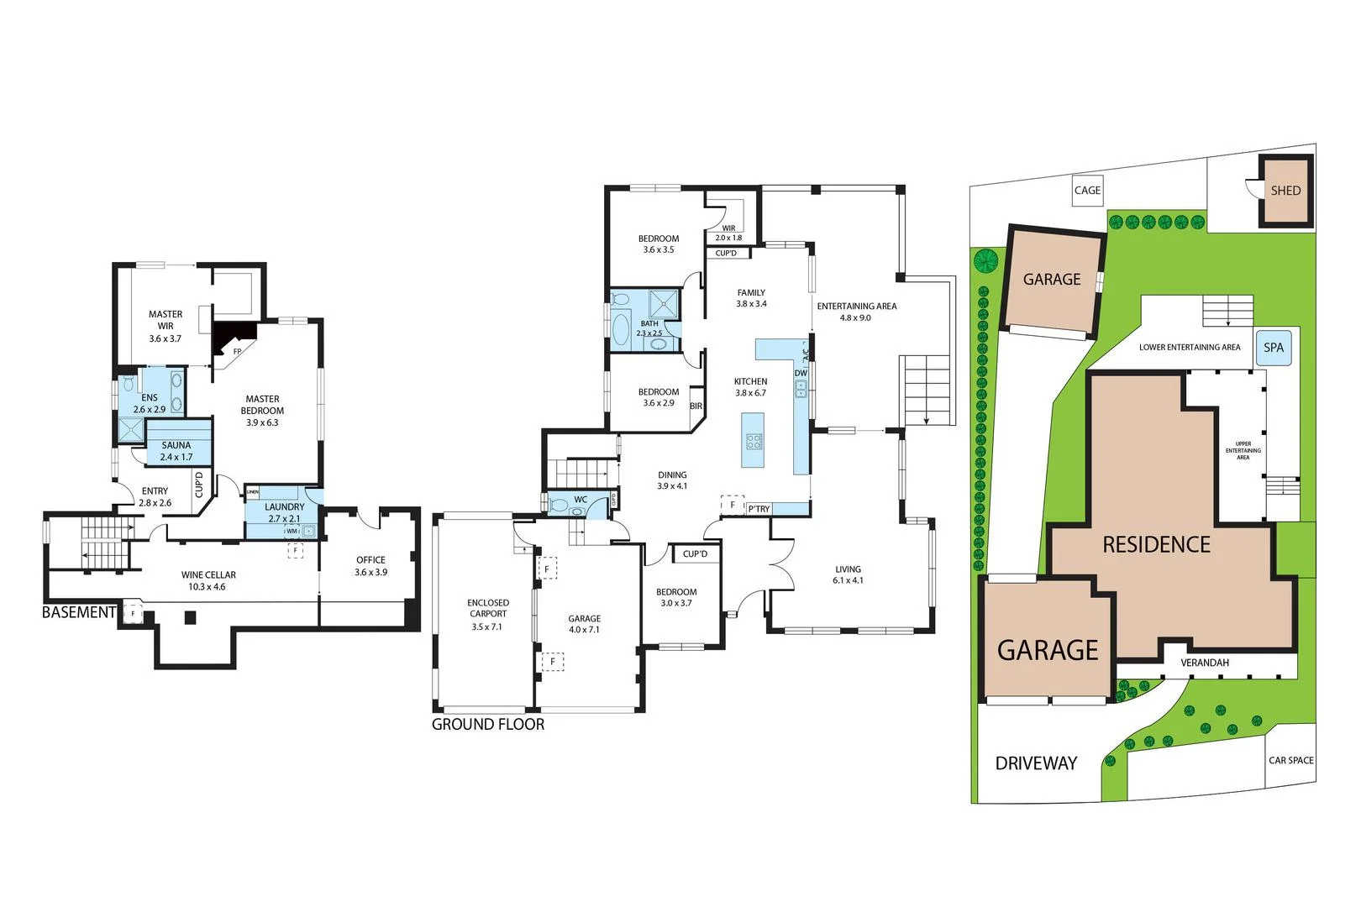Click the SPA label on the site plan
[1274, 348]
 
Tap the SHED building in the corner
[1285, 191]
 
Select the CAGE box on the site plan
[1087, 191]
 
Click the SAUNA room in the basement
[176, 451]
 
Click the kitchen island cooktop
[754, 441]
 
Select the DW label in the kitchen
[801, 374]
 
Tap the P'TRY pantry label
[759, 509]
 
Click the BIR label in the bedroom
[696, 406]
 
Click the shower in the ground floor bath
[665, 303]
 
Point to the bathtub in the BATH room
[621, 328]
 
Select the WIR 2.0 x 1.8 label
[728, 233]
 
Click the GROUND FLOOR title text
[488, 724]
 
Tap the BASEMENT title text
[78, 612]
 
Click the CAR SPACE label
[1290, 760]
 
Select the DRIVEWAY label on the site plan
[1036, 763]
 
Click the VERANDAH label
[1204, 663]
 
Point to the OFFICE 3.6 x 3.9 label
[370, 565]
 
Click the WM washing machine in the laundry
[292, 531]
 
